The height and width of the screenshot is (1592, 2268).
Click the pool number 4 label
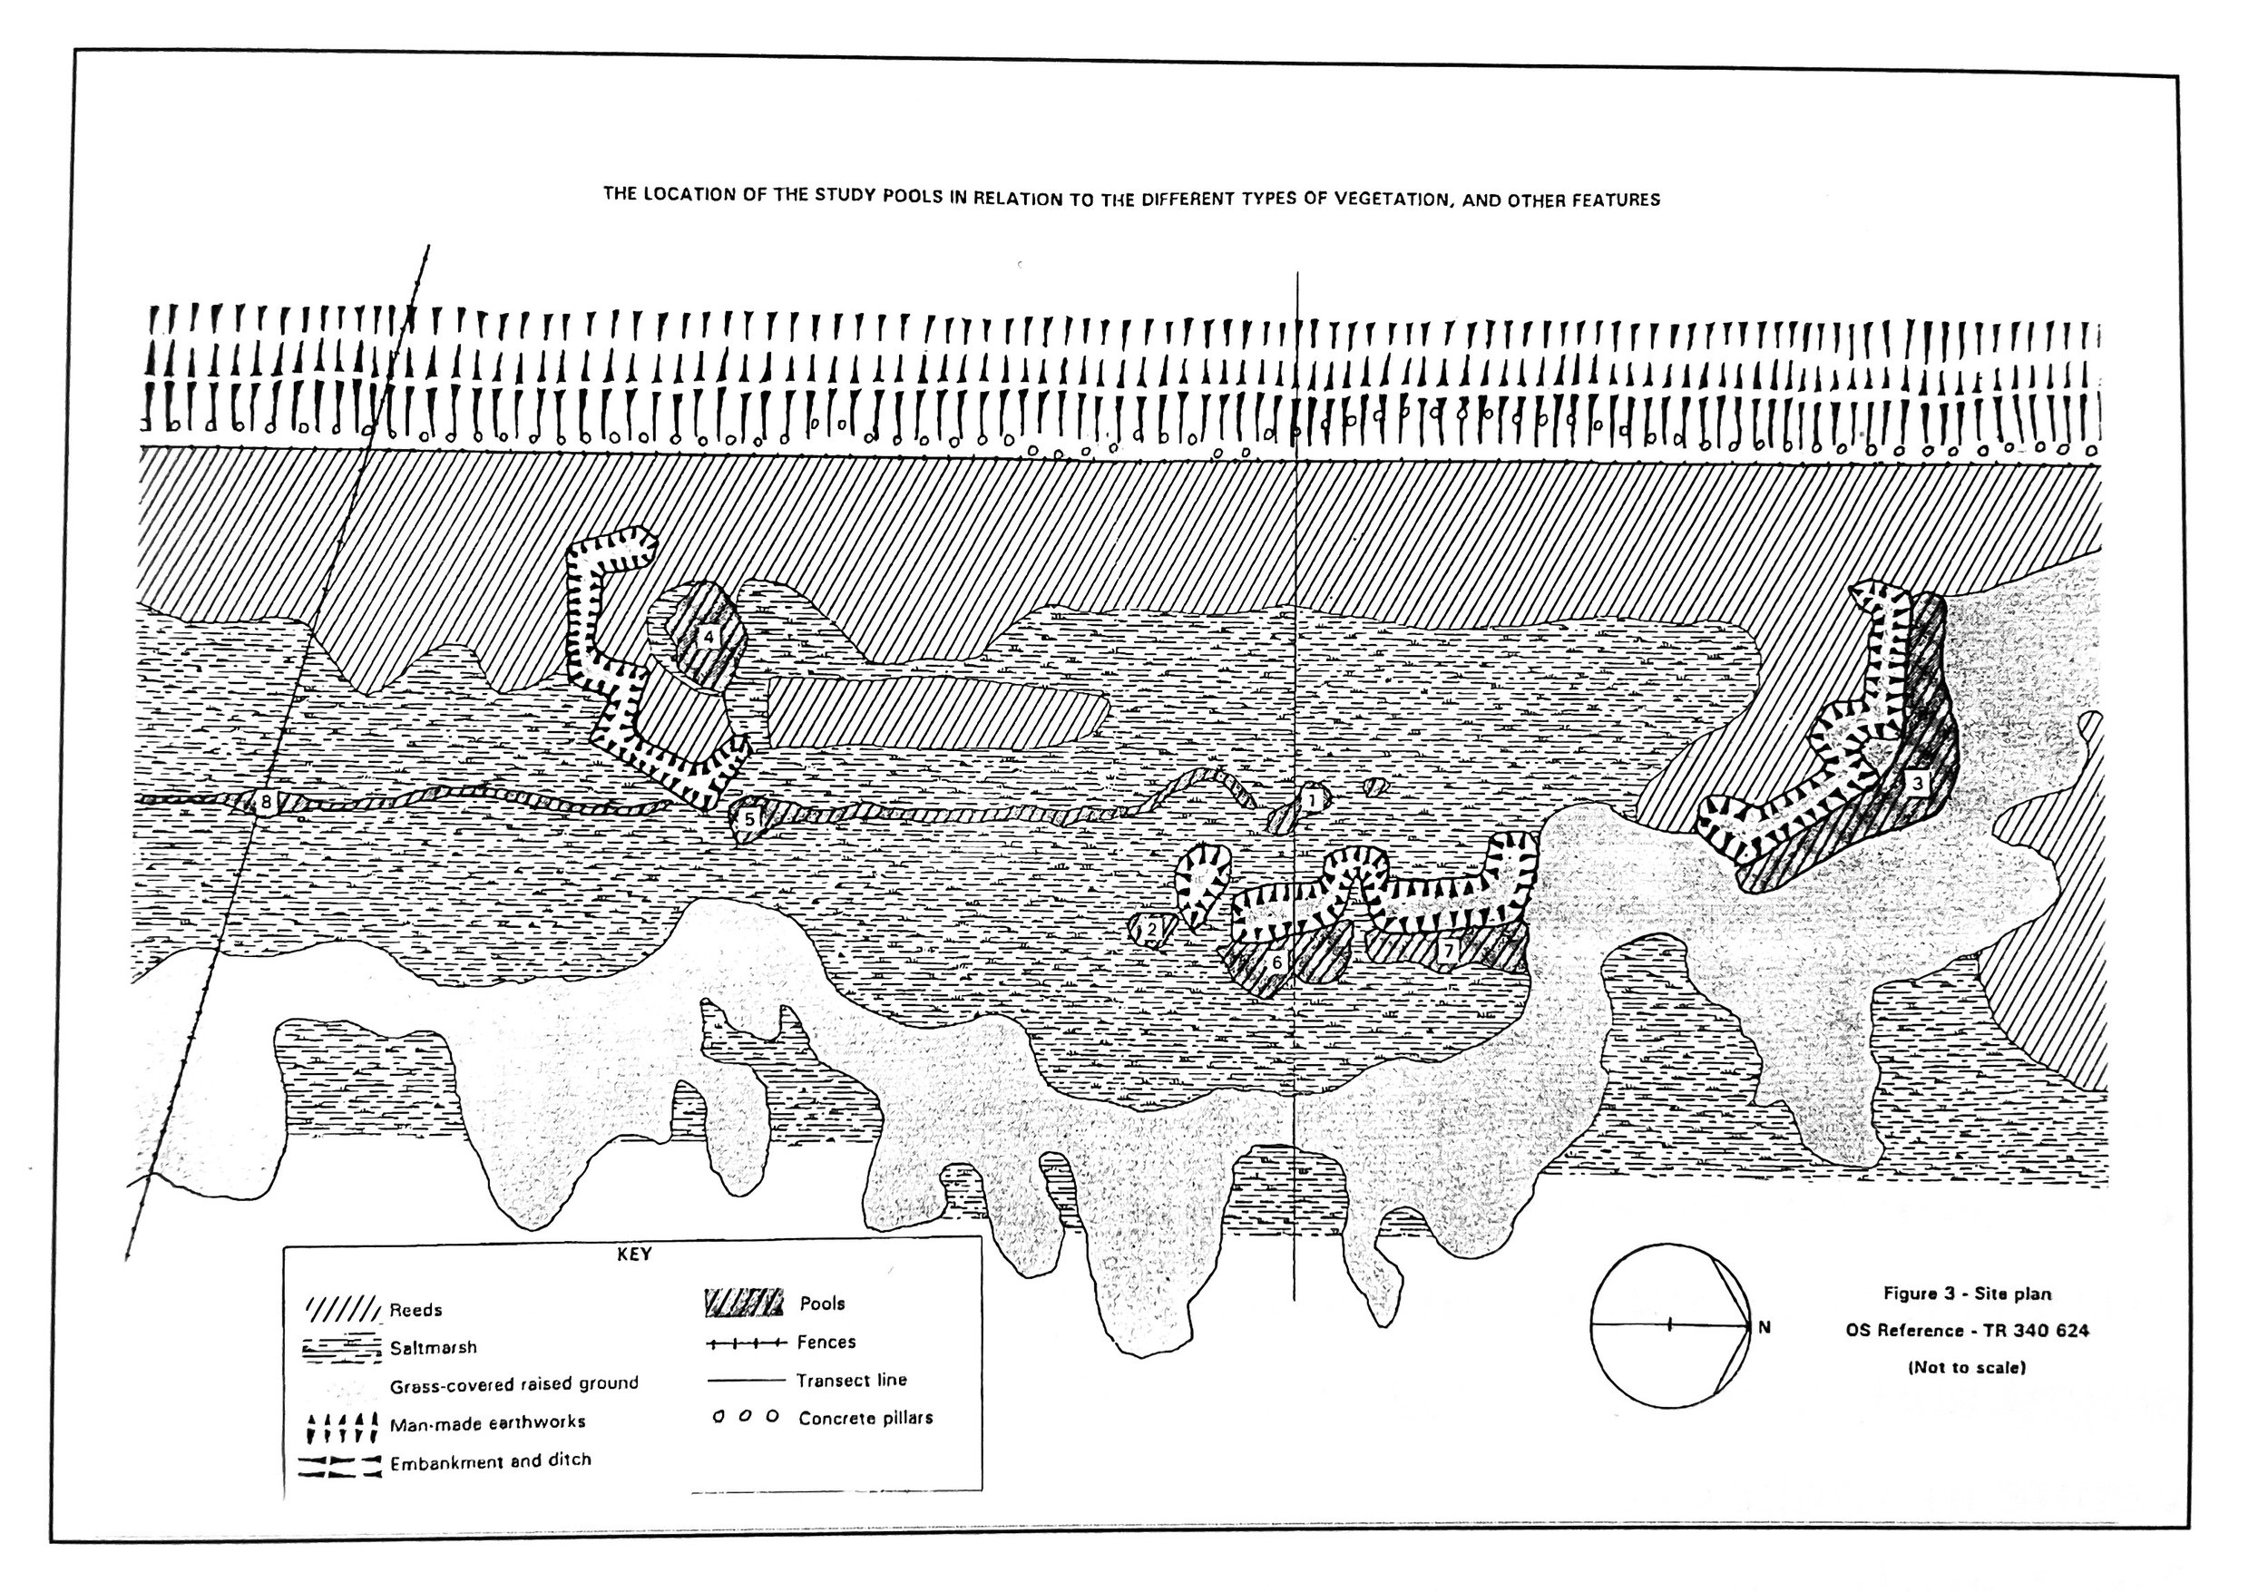(708, 637)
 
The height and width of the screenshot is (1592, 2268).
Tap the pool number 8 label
(265, 802)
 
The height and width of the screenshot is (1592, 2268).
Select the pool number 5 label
(748, 819)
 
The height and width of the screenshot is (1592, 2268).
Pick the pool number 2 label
(1151, 927)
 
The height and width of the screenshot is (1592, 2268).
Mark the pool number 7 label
(1448, 951)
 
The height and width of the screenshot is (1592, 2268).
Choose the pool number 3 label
(1916, 783)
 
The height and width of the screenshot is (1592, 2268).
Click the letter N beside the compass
(1764, 1328)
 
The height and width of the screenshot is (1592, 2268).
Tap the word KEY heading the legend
(634, 1255)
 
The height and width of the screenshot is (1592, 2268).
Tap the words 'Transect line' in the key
(852, 1381)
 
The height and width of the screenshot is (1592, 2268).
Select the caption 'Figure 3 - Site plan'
(1967, 1293)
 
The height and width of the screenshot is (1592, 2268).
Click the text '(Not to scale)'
(1967, 1368)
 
